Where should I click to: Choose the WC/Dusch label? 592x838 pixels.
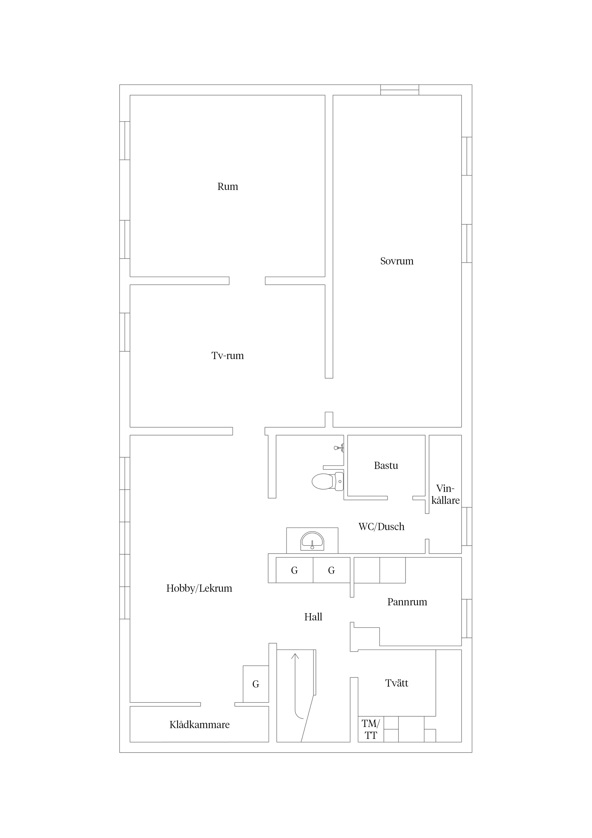coord(381,527)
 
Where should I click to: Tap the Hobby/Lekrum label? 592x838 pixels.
coord(199,588)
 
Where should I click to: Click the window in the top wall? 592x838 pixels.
coord(400,90)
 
